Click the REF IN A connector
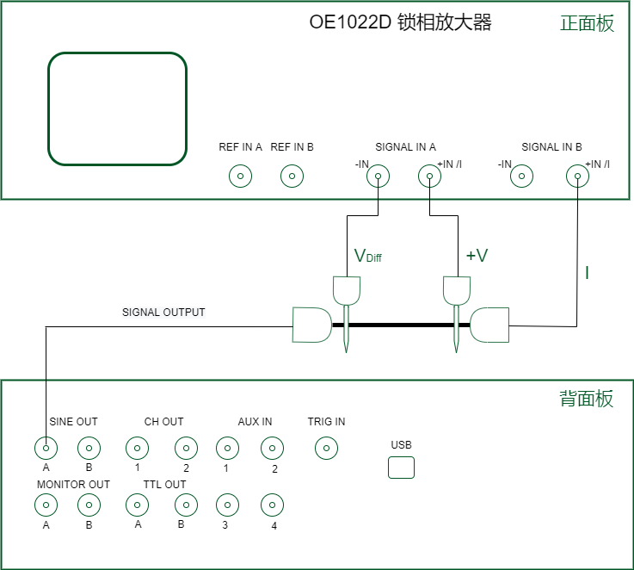click(239, 177)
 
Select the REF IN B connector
click(292, 177)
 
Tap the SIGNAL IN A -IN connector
click(377, 177)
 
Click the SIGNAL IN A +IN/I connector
click(429, 177)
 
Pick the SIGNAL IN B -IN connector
click(520, 177)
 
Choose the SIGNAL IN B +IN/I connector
click(576, 177)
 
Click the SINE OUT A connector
click(46, 448)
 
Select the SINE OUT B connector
click(89, 448)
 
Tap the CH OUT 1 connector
click(137, 448)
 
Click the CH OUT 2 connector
click(185, 448)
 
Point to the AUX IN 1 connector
click(226, 448)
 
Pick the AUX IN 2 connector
click(273, 448)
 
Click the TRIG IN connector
click(326, 448)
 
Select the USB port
click(401, 468)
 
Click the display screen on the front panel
click(117, 108)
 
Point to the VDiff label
click(367, 256)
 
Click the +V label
click(477, 256)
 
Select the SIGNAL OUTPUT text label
click(163, 312)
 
